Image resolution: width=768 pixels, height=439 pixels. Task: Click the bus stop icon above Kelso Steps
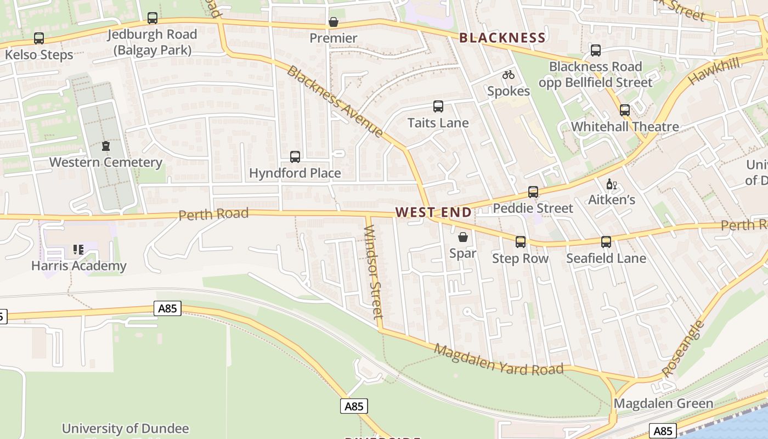point(38,38)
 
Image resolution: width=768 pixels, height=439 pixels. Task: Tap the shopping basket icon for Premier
point(333,22)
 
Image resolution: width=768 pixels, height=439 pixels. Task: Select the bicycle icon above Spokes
point(509,75)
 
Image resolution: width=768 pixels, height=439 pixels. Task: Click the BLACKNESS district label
point(502,38)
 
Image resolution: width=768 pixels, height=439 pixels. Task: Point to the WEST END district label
point(433,212)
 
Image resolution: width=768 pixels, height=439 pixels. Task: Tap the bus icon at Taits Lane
point(438,106)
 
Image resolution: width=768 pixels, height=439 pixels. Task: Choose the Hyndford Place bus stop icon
point(295,157)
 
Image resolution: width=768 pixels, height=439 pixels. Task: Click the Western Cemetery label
point(105,162)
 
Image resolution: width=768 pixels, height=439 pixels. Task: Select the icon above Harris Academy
point(78,250)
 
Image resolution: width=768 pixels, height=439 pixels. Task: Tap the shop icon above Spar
point(463,237)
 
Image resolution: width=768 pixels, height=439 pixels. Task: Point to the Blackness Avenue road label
point(335,102)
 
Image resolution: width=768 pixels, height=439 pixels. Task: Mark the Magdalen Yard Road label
point(499,359)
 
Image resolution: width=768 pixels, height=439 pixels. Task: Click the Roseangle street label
point(682,349)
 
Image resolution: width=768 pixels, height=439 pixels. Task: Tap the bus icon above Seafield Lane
point(606,242)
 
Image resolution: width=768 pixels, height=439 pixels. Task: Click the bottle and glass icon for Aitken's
point(611,184)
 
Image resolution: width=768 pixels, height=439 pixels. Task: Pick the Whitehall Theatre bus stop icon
point(624,110)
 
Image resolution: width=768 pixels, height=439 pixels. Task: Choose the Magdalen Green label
point(663,403)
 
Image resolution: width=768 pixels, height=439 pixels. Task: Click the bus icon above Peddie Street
point(533,192)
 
